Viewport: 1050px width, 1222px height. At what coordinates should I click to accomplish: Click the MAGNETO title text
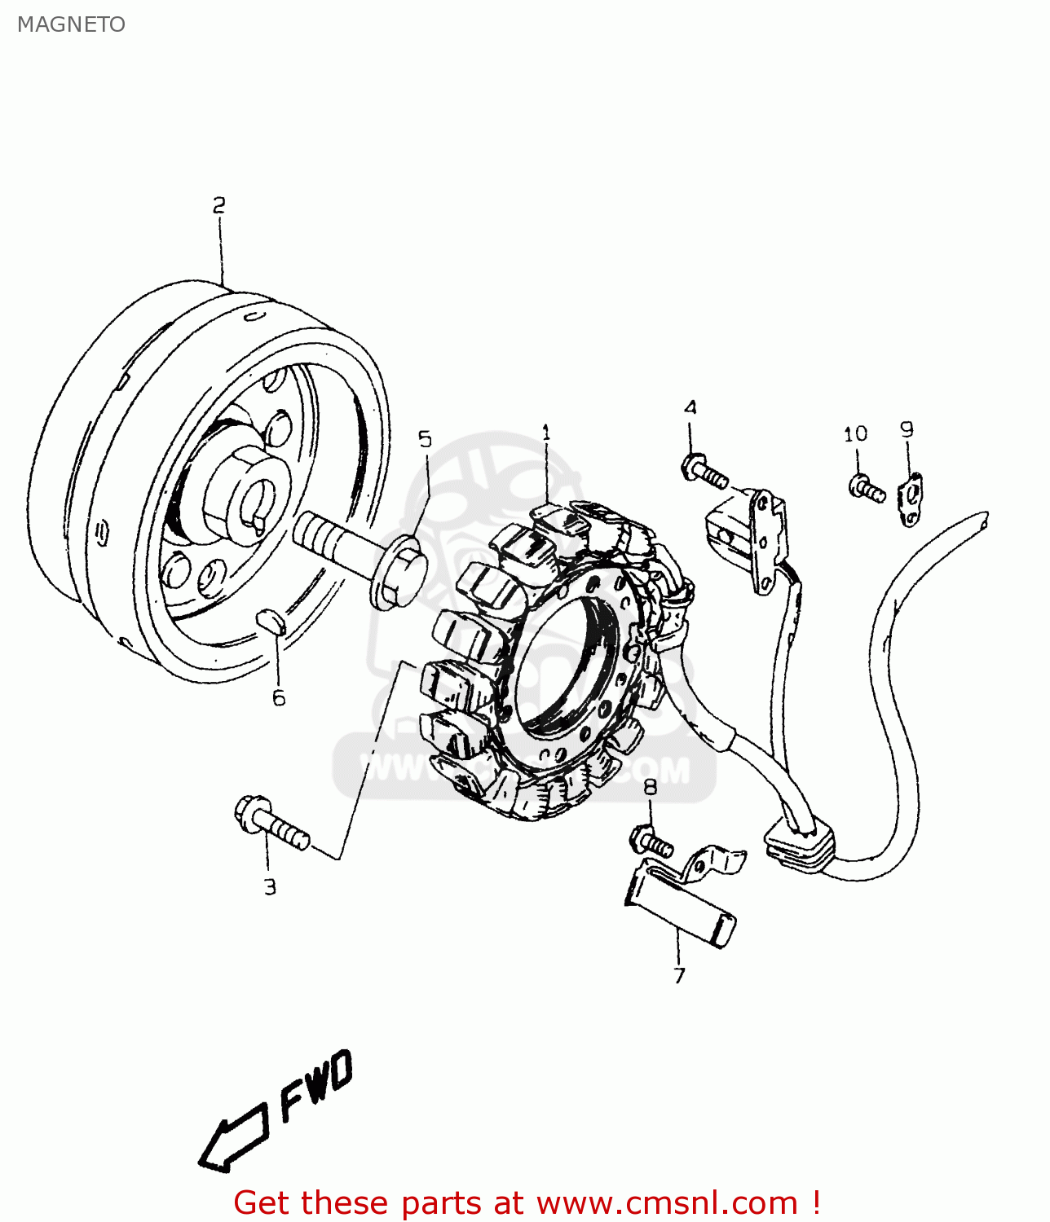pos(71,24)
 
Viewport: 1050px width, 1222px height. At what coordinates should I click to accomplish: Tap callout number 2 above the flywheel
pos(218,205)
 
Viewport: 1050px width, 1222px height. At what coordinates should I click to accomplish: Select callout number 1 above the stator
pos(546,433)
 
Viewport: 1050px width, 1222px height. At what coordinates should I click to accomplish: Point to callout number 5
pos(425,440)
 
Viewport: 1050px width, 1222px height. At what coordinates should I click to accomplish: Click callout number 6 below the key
pos(279,697)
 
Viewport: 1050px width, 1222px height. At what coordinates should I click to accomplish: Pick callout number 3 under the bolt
pos(270,887)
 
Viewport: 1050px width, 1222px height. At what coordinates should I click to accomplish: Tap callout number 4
pos(690,407)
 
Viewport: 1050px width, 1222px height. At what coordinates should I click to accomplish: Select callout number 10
pos(855,433)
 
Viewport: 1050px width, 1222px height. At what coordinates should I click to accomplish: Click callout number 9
pos(907,429)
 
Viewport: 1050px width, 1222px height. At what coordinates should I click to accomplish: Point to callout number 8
pos(650,786)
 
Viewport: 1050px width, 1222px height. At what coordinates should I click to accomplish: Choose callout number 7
pos(679,975)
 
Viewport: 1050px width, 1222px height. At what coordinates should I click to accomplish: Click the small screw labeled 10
pos(866,489)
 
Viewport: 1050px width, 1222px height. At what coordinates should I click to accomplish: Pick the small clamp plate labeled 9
pos(911,499)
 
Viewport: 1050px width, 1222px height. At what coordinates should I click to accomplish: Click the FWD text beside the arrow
pos(316,1085)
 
